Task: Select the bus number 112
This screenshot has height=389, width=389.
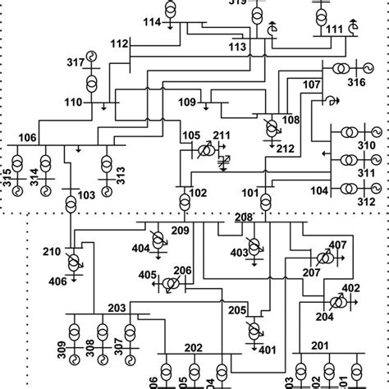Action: click(x=120, y=43)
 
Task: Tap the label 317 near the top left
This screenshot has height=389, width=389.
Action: click(x=76, y=62)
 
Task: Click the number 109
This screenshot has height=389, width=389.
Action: click(x=188, y=102)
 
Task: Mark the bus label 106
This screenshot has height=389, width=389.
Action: click(x=27, y=136)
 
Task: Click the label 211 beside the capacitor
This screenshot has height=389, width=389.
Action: click(x=222, y=135)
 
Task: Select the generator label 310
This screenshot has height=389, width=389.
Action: click(x=368, y=148)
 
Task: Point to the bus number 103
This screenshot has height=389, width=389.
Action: click(x=86, y=194)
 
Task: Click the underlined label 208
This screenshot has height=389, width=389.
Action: click(x=244, y=217)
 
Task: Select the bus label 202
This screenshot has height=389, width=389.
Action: click(x=193, y=348)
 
